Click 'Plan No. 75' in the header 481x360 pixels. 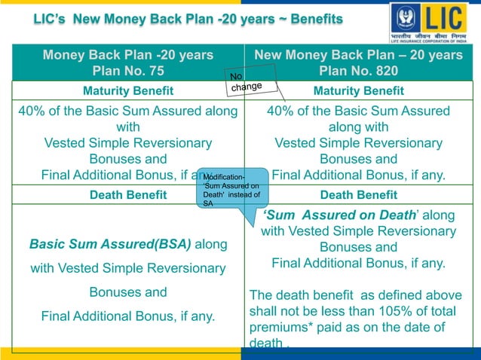pos(127,72)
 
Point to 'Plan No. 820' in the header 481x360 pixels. pos(358,72)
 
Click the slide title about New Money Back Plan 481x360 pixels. pos(188,18)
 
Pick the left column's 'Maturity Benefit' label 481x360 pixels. pos(127,91)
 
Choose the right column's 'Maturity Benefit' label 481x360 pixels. pos(358,91)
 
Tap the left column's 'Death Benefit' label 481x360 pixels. pos(127,195)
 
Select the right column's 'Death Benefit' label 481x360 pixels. pos(358,195)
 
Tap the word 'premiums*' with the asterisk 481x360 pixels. pos(280,327)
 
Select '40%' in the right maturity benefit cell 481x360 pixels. pos(283,111)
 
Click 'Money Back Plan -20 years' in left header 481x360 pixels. pos(127,55)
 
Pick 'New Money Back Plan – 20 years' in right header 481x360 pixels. pos(358,55)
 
